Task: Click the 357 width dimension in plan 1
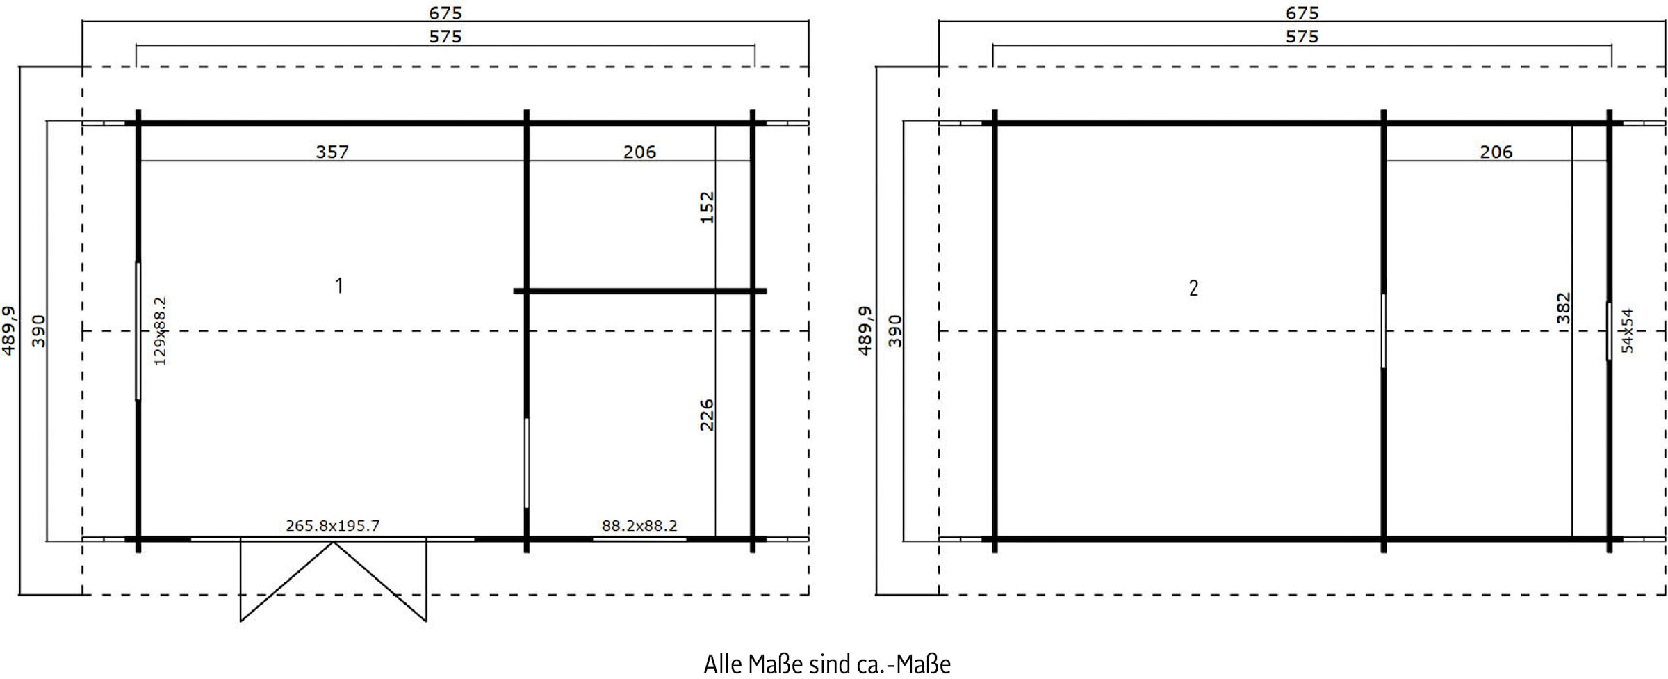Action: [332, 152]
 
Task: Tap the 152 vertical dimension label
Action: [706, 207]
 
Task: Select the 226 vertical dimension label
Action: [706, 415]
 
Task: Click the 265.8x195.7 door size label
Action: [332, 526]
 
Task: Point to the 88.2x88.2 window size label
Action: [639, 526]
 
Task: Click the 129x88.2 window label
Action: [160, 331]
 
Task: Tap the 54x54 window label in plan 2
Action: [1628, 331]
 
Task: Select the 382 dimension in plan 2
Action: [1563, 308]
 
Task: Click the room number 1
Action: [339, 286]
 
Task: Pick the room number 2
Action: [1193, 288]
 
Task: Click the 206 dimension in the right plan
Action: [1496, 152]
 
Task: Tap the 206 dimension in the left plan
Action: [639, 152]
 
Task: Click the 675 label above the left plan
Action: [445, 13]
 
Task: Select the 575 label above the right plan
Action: [1302, 36]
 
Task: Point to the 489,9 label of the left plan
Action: [8, 331]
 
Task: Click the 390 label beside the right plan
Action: [895, 331]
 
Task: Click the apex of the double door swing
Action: [334, 543]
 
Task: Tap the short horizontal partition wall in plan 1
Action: [639, 291]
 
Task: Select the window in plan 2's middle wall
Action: [1383, 331]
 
